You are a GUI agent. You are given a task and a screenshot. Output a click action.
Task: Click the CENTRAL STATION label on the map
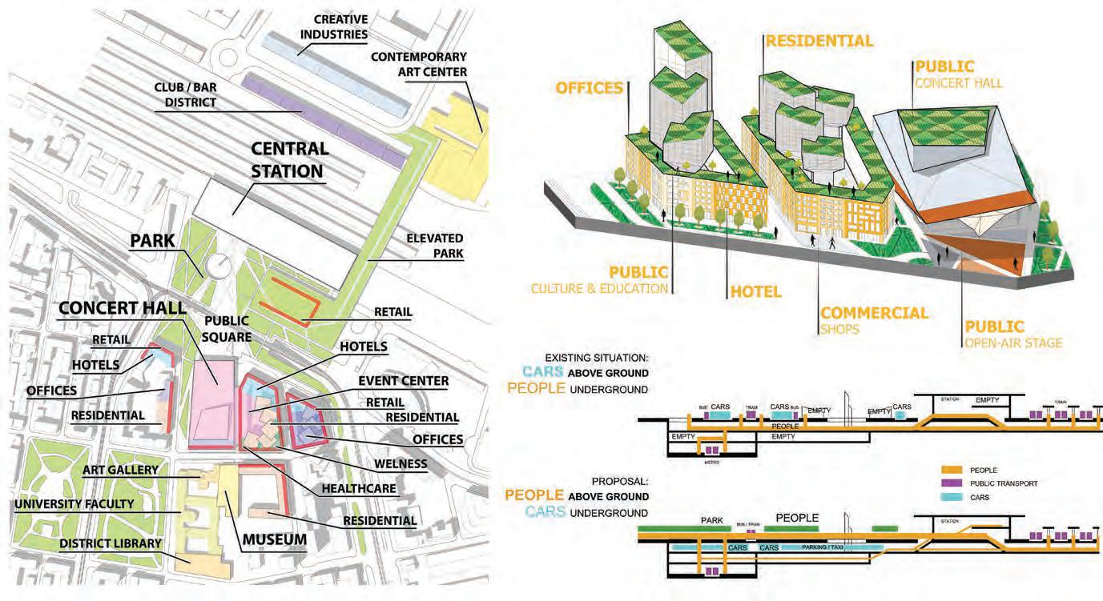click(289, 159)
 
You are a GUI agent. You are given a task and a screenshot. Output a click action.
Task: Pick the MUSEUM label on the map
click(274, 539)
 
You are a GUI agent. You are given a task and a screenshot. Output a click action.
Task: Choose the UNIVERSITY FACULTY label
click(74, 504)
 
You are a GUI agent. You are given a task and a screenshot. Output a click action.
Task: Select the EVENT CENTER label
click(403, 381)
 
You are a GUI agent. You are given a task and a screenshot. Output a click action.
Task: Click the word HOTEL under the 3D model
click(755, 292)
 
